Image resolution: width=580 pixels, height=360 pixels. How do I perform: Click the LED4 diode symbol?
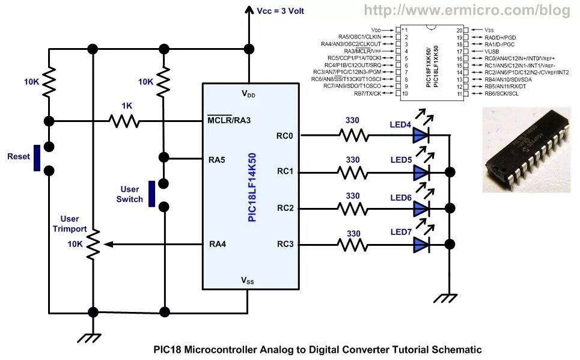pos(420,135)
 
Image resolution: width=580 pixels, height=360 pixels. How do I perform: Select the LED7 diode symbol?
pos(420,244)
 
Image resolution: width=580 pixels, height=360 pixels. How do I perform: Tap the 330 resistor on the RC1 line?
pos(353,172)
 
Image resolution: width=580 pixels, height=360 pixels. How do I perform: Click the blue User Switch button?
pos(152,192)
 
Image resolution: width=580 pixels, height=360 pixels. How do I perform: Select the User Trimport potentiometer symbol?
pos(93,244)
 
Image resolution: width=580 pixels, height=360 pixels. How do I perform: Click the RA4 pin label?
pos(217,244)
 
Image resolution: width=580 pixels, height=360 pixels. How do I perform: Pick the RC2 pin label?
pos(285,208)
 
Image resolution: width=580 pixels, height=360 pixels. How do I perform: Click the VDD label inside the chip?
pos(248,94)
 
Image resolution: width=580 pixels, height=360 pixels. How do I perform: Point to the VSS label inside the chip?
pos(248,280)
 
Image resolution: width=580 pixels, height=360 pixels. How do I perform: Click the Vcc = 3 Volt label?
pos(281,11)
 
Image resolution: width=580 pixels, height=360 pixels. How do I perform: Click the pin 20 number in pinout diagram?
pos(459,29)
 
